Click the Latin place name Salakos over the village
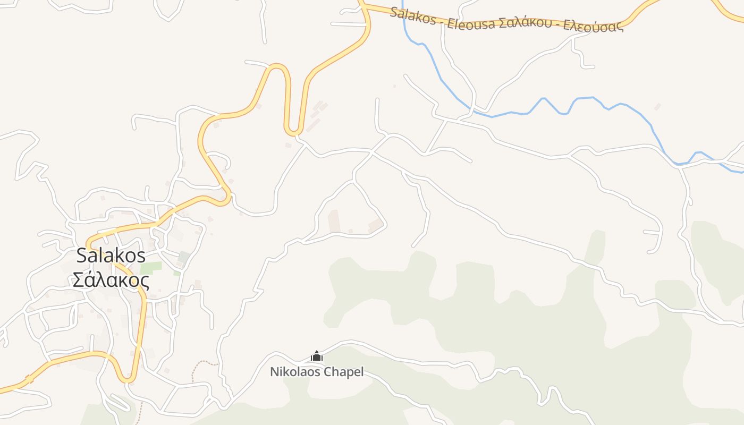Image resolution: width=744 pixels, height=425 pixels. click(x=111, y=255)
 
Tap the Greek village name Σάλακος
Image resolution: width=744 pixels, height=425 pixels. click(x=111, y=279)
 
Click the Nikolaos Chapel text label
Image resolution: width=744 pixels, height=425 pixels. click(x=317, y=372)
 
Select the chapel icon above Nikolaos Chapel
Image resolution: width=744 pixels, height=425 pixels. click(x=317, y=356)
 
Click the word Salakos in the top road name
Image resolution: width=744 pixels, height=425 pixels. click(x=412, y=14)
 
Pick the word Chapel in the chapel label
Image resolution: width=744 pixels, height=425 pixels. click(x=344, y=372)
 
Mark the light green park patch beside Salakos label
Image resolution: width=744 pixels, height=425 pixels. click(x=151, y=268)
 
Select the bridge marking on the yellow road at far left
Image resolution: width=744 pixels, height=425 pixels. click(x=29, y=379)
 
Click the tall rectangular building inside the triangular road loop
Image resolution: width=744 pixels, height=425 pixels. click(x=334, y=221)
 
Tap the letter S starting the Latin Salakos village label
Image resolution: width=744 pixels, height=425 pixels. click(x=82, y=255)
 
